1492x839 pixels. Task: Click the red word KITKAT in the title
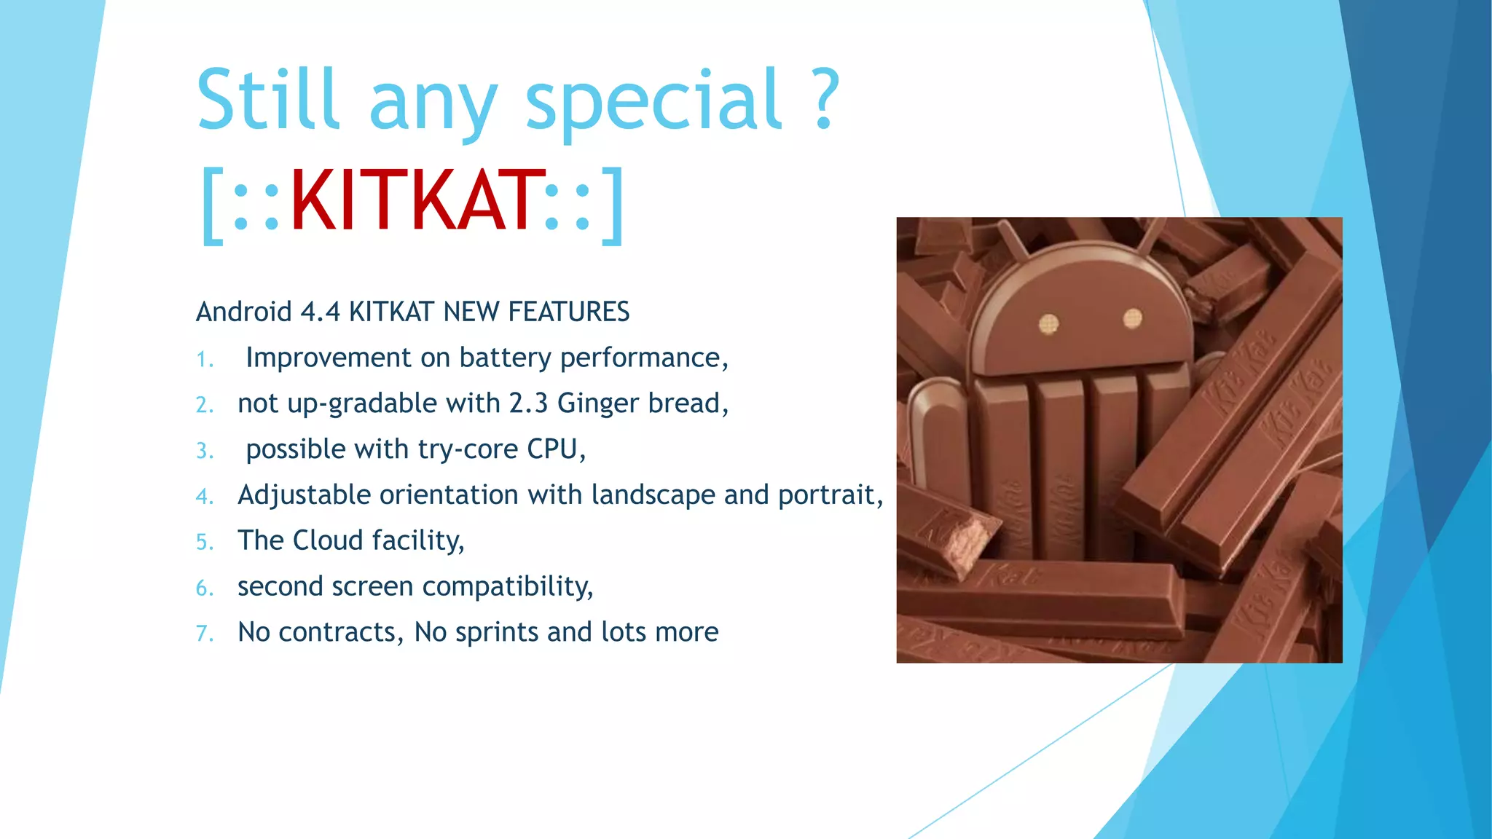coord(417,201)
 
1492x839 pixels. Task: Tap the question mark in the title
coord(824,98)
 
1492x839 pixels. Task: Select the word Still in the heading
coord(268,98)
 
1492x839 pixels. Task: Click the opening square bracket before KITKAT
coord(211,206)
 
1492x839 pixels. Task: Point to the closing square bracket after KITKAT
coord(613,206)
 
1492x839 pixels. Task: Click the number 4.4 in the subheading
coord(320,312)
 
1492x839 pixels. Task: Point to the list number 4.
coord(204,497)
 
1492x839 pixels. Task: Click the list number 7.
coord(204,634)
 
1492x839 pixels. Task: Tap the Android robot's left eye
coord(1048,323)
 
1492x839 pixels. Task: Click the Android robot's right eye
coord(1132,318)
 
